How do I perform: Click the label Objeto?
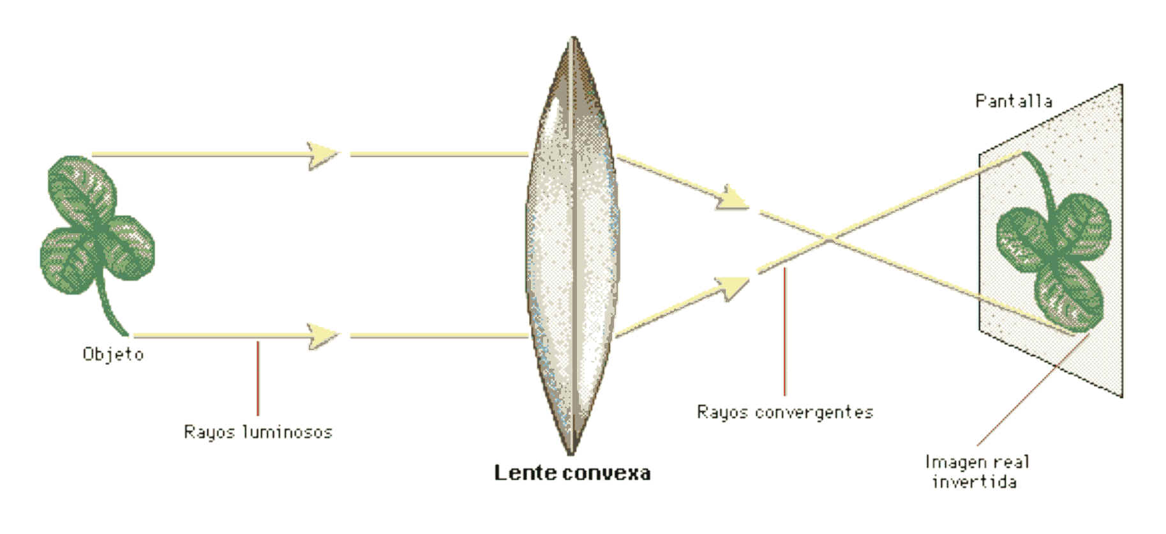113,355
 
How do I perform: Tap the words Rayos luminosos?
258,432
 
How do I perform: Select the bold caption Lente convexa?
572,473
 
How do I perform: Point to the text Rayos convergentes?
785,412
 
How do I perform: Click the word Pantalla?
1013,101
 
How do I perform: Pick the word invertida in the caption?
975,481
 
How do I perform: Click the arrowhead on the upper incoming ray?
323,155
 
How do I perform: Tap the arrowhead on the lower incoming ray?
323,335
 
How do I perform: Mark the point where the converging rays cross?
829,239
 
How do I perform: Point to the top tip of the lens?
572,38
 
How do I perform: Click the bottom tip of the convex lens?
572,452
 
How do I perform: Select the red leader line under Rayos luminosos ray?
258,378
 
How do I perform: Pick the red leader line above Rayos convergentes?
785,332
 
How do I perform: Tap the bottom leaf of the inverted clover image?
1068,296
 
